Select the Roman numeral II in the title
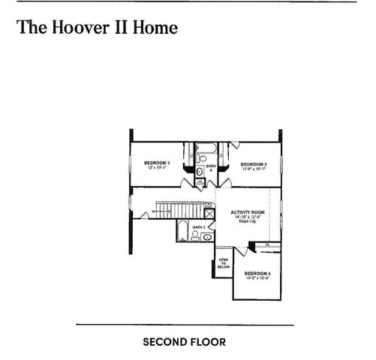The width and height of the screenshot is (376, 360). click(121, 28)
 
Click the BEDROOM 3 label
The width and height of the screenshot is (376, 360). click(158, 163)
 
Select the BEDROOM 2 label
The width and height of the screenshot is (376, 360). click(254, 163)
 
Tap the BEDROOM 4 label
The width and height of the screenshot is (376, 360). click(257, 273)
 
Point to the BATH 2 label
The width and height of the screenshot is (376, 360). click(211, 167)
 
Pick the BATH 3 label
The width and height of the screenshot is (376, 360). click(199, 227)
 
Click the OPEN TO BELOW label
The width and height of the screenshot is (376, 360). click(223, 263)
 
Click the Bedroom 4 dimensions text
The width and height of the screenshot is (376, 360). click(257, 278)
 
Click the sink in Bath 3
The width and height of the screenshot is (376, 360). click(207, 236)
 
